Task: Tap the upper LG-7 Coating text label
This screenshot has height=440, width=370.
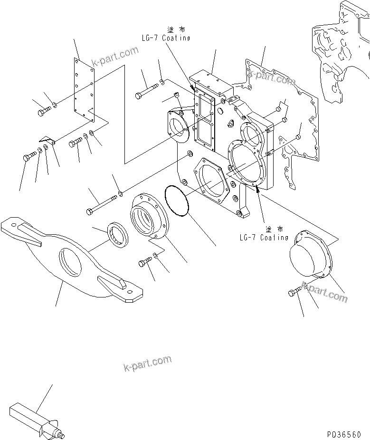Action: (x=165, y=38)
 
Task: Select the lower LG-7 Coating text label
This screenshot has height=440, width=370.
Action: (x=264, y=237)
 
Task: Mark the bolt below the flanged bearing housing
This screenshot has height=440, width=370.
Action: (x=145, y=261)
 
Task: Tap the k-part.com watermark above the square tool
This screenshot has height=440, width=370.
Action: (x=147, y=364)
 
